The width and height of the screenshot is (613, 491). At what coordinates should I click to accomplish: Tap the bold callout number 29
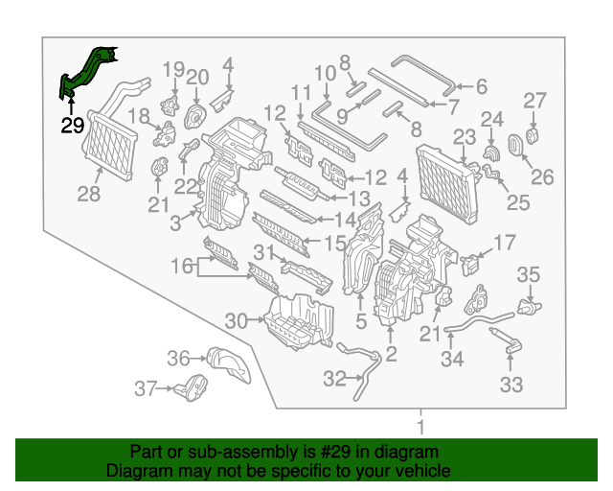pos(73,126)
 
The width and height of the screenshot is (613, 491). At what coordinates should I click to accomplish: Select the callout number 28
pos(88,196)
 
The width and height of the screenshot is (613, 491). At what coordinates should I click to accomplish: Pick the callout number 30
pos(236,319)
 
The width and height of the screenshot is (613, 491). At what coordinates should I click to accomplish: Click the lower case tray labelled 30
pos(299,319)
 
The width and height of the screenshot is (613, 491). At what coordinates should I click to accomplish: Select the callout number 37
pos(145,389)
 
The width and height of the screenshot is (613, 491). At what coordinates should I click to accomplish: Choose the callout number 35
pos(529,276)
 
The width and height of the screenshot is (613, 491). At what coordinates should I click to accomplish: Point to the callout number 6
pos(481,87)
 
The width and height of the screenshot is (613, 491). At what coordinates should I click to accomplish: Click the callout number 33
pos(511,385)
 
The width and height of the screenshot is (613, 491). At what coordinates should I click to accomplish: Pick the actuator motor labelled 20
pos(195,115)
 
